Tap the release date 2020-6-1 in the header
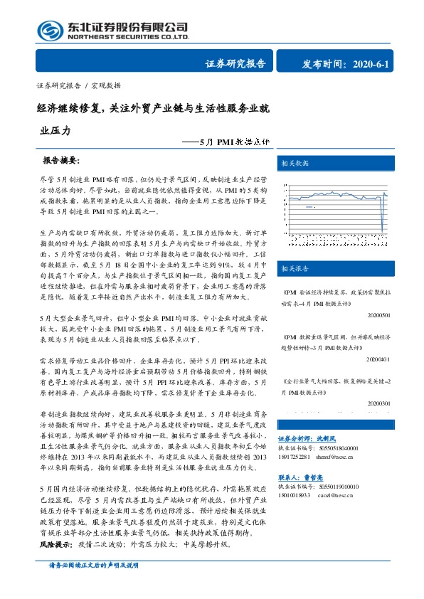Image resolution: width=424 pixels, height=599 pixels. click(x=370, y=63)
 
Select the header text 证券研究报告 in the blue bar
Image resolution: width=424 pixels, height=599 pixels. click(x=235, y=63)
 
